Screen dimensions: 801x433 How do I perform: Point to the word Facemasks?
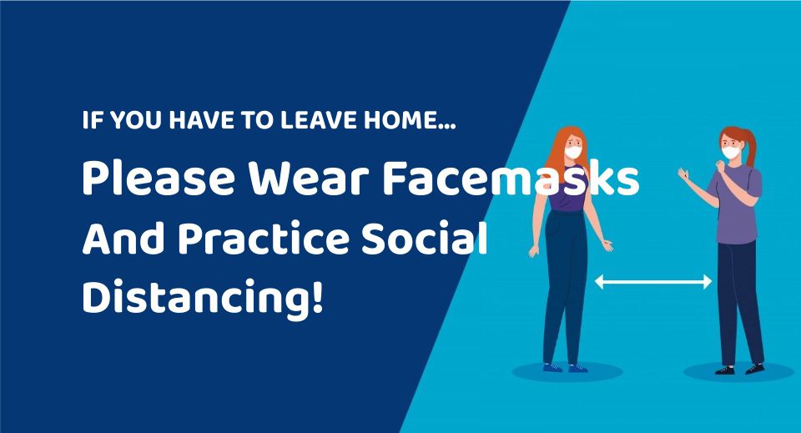pos(511,179)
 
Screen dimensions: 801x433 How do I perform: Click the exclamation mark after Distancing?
pos(317,295)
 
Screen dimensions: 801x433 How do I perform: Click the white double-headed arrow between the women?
pos(653,281)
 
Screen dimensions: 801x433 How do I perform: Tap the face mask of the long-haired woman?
pos(572,152)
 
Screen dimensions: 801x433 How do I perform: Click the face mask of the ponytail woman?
pos(731,152)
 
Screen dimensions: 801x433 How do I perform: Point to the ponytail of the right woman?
pos(749,148)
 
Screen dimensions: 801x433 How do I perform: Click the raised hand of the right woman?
pos(683,175)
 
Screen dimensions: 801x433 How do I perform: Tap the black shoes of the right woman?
pos(740,369)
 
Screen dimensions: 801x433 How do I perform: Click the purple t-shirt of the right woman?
pos(736,204)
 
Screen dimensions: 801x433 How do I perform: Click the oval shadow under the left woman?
pos(567,372)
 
